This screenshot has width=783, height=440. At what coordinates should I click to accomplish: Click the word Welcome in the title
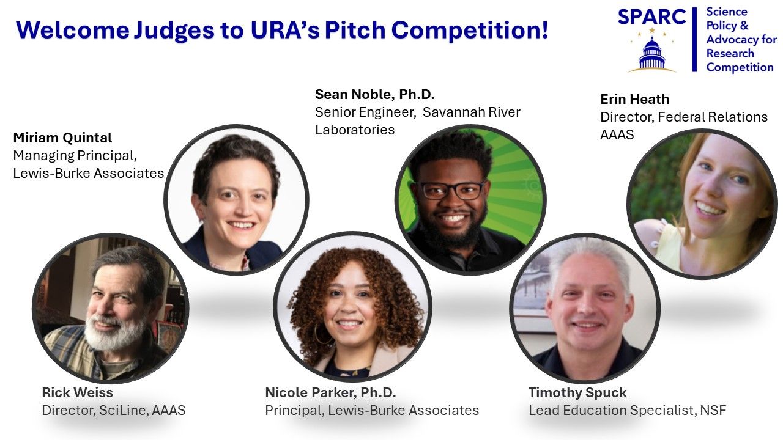coord(73,30)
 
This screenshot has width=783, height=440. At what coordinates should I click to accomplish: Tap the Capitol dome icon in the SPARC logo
coord(652,54)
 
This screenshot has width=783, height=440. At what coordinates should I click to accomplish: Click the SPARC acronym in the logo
coord(652,16)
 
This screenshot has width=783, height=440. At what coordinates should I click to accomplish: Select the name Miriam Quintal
coord(62,138)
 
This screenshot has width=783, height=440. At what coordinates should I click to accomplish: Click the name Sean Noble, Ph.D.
coord(375,94)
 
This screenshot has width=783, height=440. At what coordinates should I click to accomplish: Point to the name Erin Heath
coord(635,100)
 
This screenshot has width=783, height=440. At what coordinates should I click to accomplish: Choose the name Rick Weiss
coord(77,392)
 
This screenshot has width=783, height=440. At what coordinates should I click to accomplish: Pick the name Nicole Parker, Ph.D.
coord(330,392)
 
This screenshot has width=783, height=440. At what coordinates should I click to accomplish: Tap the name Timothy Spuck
coord(577,392)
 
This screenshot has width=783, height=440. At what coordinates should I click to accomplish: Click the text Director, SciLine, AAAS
coord(114,410)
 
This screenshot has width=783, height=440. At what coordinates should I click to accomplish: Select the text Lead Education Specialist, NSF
coord(628,410)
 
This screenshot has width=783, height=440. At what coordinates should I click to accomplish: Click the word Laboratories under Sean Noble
coord(355,130)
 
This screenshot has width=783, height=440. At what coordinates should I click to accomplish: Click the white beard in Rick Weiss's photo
coord(114,332)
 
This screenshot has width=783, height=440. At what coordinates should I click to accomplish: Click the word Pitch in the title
coord(355,30)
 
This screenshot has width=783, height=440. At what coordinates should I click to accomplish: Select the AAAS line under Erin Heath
coord(617,135)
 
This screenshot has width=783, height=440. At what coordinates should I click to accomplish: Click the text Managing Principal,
coord(75,156)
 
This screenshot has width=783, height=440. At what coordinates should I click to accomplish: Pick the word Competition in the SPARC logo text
coord(740,67)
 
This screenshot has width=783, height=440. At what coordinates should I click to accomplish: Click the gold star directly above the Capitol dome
coord(652,31)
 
